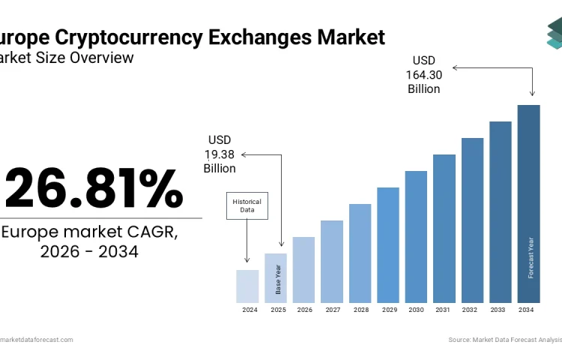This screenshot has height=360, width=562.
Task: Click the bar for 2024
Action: click(247, 286)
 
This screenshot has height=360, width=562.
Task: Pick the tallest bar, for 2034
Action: click(528, 203)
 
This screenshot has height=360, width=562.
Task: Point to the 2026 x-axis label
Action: click(303, 310)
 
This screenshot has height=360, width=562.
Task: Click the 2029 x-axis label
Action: click(388, 310)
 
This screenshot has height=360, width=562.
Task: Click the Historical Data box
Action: click(247, 205)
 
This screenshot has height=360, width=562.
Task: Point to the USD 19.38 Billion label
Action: click(220, 154)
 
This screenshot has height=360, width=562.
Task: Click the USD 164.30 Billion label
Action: click(423, 74)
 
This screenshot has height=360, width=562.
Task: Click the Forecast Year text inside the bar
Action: click(531, 257)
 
